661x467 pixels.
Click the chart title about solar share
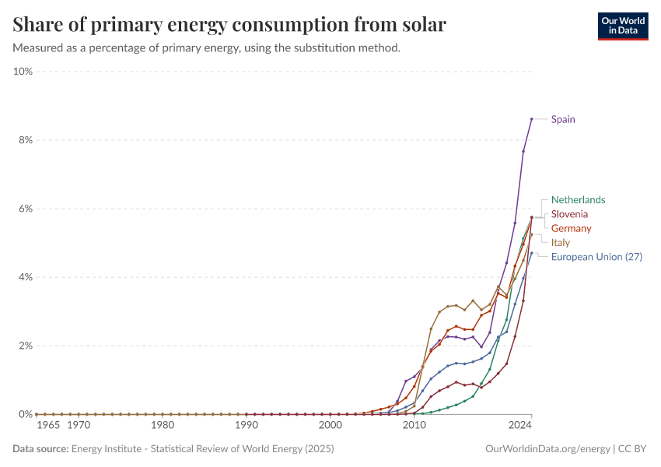pyautogui.click(x=229, y=25)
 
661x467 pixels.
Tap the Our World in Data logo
pyautogui.click(x=622, y=26)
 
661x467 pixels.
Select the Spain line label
pyautogui.click(x=563, y=119)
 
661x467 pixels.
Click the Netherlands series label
pyautogui.click(x=578, y=200)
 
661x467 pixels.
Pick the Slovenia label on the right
pyautogui.click(x=569, y=214)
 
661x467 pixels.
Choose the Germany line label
pyautogui.click(x=571, y=229)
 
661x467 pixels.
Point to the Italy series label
pyautogui.click(x=560, y=243)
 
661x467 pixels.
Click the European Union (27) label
pyautogui.click(x=596, y=257)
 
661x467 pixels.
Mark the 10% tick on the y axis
pyautogui.click(x=23, y=72)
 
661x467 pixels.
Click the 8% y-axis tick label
pyautogui.click(x=25, y=140)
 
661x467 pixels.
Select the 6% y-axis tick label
pyautogui.click(x=25, y=209)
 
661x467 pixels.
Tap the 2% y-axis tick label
pyautogui.click(x=25, y=346)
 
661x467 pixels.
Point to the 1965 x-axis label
pyautogui.click(x=48, y=426)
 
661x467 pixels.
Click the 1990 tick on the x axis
pyautogui.click(x=246, y=426)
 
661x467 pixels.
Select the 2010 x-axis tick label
pyautogui.click(x=414, y=426)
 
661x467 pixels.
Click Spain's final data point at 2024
pyautogui.click(x=531, y=119)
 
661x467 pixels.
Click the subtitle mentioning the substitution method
pyautogui.click(x=206, y=48)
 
